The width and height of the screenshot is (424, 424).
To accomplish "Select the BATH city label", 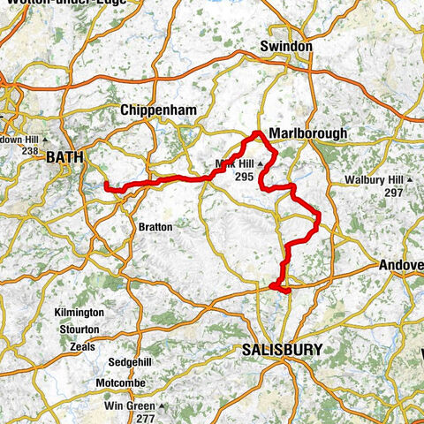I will coord(67,157).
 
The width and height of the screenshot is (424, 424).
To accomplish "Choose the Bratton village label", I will coord(156,226).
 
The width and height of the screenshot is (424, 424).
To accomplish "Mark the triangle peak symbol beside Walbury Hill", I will coord(412,181).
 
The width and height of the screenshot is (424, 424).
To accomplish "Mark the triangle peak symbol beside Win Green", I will coord(163,406).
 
